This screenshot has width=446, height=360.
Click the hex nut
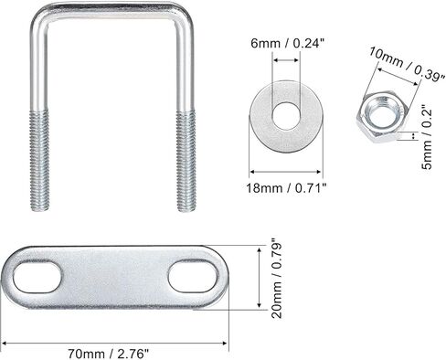(x=382, y=118)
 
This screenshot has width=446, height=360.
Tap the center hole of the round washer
(x=287, y=116)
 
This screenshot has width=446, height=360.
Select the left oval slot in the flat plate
(x=37, y=277)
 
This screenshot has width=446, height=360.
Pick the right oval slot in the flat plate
(x=194, y=276)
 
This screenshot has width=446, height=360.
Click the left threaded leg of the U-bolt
(x=39, y=161)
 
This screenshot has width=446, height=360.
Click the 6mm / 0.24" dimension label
(x=286, y=44)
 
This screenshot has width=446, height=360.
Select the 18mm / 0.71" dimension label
(x=286, y=188)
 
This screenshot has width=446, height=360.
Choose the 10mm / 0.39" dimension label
(x=407, y=64)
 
